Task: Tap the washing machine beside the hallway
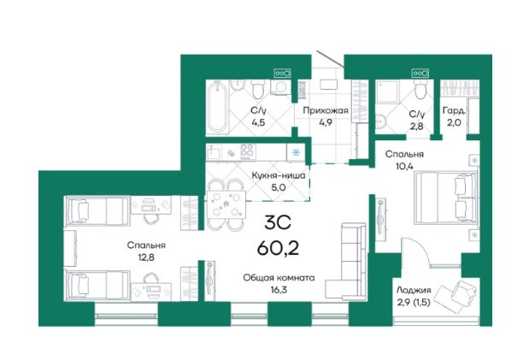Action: (x=280, y=87)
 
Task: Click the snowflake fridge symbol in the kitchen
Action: (x=296, y=153)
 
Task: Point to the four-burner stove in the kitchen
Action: (x=247, y=151)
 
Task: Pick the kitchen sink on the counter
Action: (x=214, y=152)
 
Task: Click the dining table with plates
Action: (x=226, y=204)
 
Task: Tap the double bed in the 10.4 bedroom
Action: (x=445, y=198)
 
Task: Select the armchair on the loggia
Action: (x=456, y=294)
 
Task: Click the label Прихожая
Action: (x=326, y=111)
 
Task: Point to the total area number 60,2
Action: (x=278, y=249)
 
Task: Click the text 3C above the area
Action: (x=278, y=223)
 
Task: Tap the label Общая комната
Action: (x=279, y=278)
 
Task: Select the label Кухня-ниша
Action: (x=279, y=175)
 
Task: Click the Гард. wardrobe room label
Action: (x=454, y=111)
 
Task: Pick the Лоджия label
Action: (x=414, y=290)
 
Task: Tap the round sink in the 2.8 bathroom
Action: (x=381, y=121)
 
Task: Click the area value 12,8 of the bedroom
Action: (x=146, y=257)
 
